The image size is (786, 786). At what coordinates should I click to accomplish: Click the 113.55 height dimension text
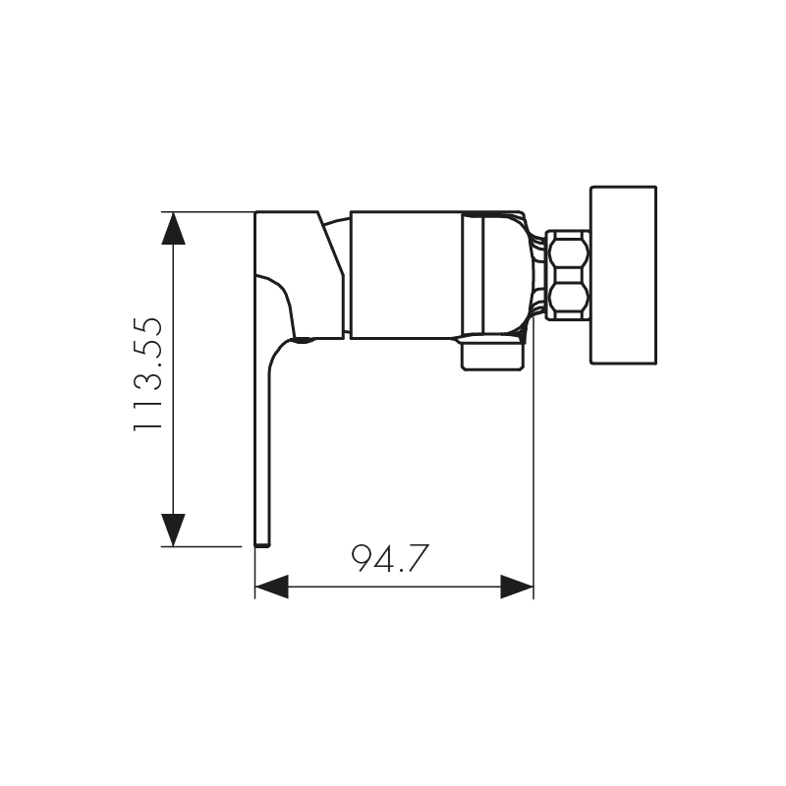tap(148, 373)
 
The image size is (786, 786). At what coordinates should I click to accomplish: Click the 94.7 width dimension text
tap(390, 558)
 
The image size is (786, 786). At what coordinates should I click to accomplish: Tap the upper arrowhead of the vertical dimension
tap(174, 228)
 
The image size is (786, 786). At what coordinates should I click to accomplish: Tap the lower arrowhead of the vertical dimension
tap(174, 530)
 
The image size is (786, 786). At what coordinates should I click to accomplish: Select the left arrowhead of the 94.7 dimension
tap(272, 587)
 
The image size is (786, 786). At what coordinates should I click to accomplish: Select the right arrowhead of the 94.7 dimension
tap(517, 587)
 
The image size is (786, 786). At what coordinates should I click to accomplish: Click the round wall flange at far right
tap(624, 275)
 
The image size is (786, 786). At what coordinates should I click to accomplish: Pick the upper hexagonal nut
tap(569, 251)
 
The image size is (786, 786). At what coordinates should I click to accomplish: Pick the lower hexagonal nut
tap(569, 300)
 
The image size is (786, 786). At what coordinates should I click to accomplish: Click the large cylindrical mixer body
tap(406, 275)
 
